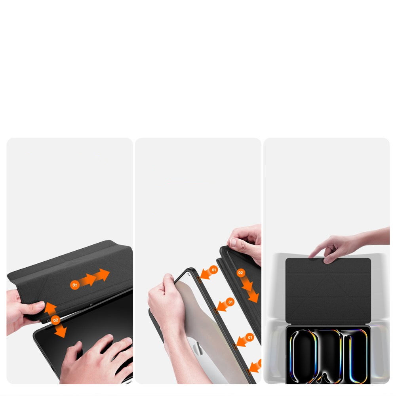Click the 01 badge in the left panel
click(75, 285)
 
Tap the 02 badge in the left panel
click(55, 320)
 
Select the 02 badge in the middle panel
click(241, 273)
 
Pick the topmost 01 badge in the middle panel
click(214, 270)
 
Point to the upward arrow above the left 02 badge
click(50, 308)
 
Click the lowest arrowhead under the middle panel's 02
click(253, 297)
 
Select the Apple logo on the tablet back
click(198, 349)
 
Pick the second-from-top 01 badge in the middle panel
click(230, 302)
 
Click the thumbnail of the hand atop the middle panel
click(233, 242)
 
